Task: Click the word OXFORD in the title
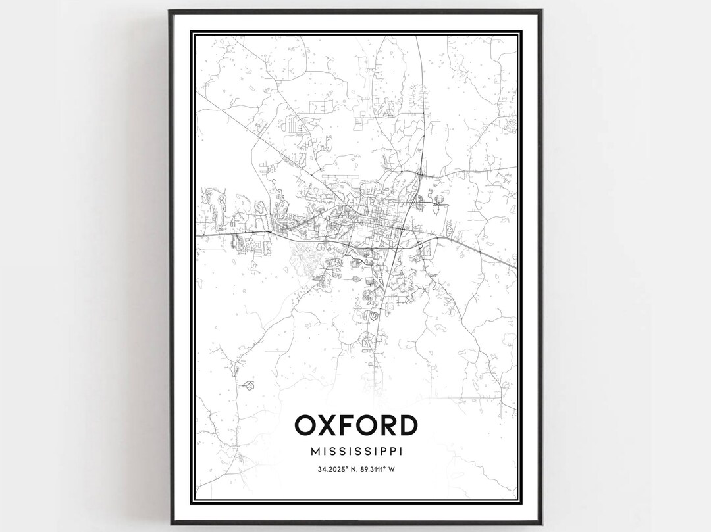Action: pos(355,425)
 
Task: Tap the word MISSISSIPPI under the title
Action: pos(355,452)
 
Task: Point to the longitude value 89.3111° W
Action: pos(380,469)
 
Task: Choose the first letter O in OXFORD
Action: pos(306,425)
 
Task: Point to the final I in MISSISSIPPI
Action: pos(401,452)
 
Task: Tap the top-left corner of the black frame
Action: pos(170,11)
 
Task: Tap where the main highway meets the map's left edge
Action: pos(197,235)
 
